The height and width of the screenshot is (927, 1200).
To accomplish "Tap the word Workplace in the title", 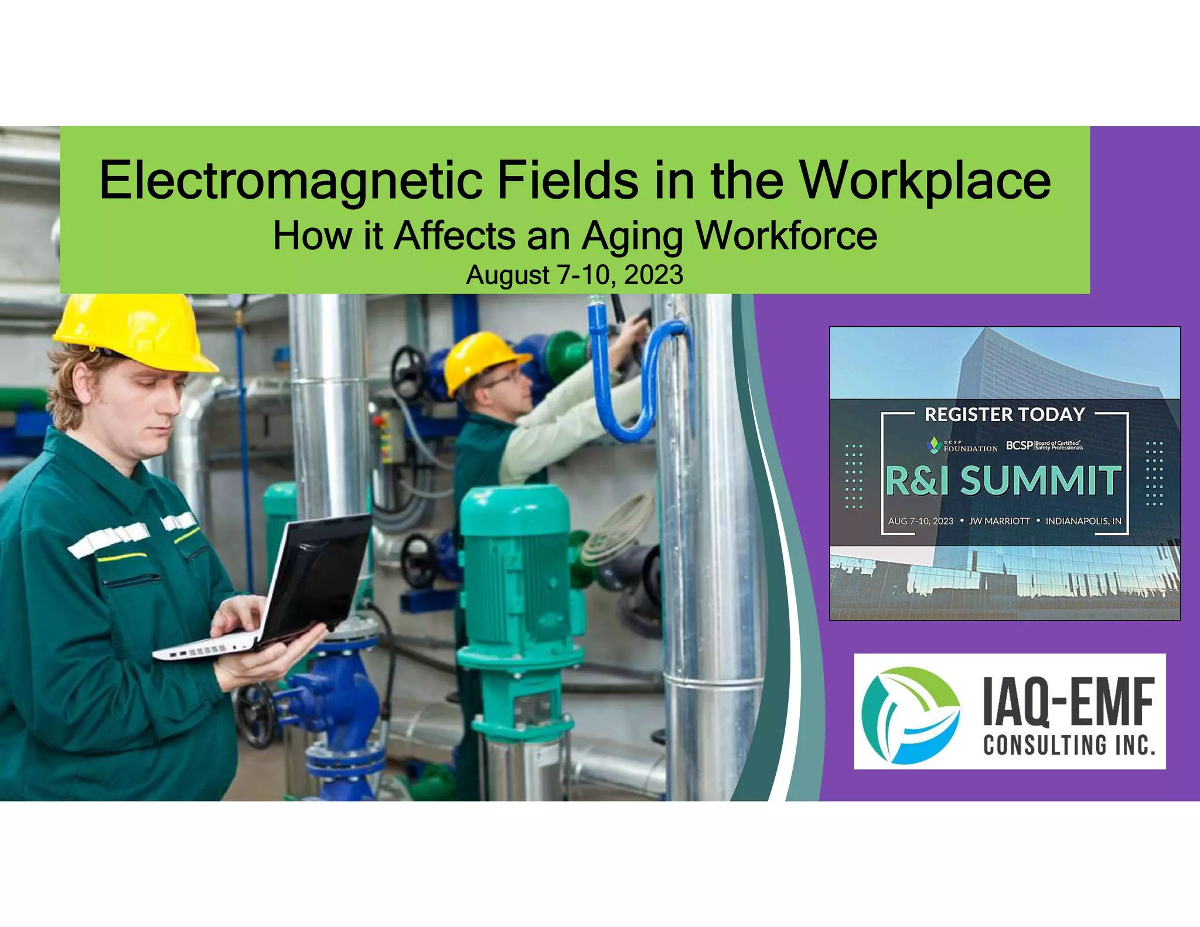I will (925, 180).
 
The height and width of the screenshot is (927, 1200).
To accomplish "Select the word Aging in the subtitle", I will (632, 236).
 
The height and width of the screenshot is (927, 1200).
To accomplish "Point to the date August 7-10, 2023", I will (574, 275).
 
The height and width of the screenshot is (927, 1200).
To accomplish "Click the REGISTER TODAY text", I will (1004, 415).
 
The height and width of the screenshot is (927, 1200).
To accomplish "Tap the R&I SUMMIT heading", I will (1003, 480).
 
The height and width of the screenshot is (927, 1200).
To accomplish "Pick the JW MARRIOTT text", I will (999, 521).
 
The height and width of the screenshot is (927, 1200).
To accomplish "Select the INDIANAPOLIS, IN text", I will (1083, 521).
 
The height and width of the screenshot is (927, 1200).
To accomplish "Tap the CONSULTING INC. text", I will (1069, 745).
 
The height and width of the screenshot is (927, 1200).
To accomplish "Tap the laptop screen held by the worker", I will (319, 574).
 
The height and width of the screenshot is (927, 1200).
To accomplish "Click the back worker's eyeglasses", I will (503, 380).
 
